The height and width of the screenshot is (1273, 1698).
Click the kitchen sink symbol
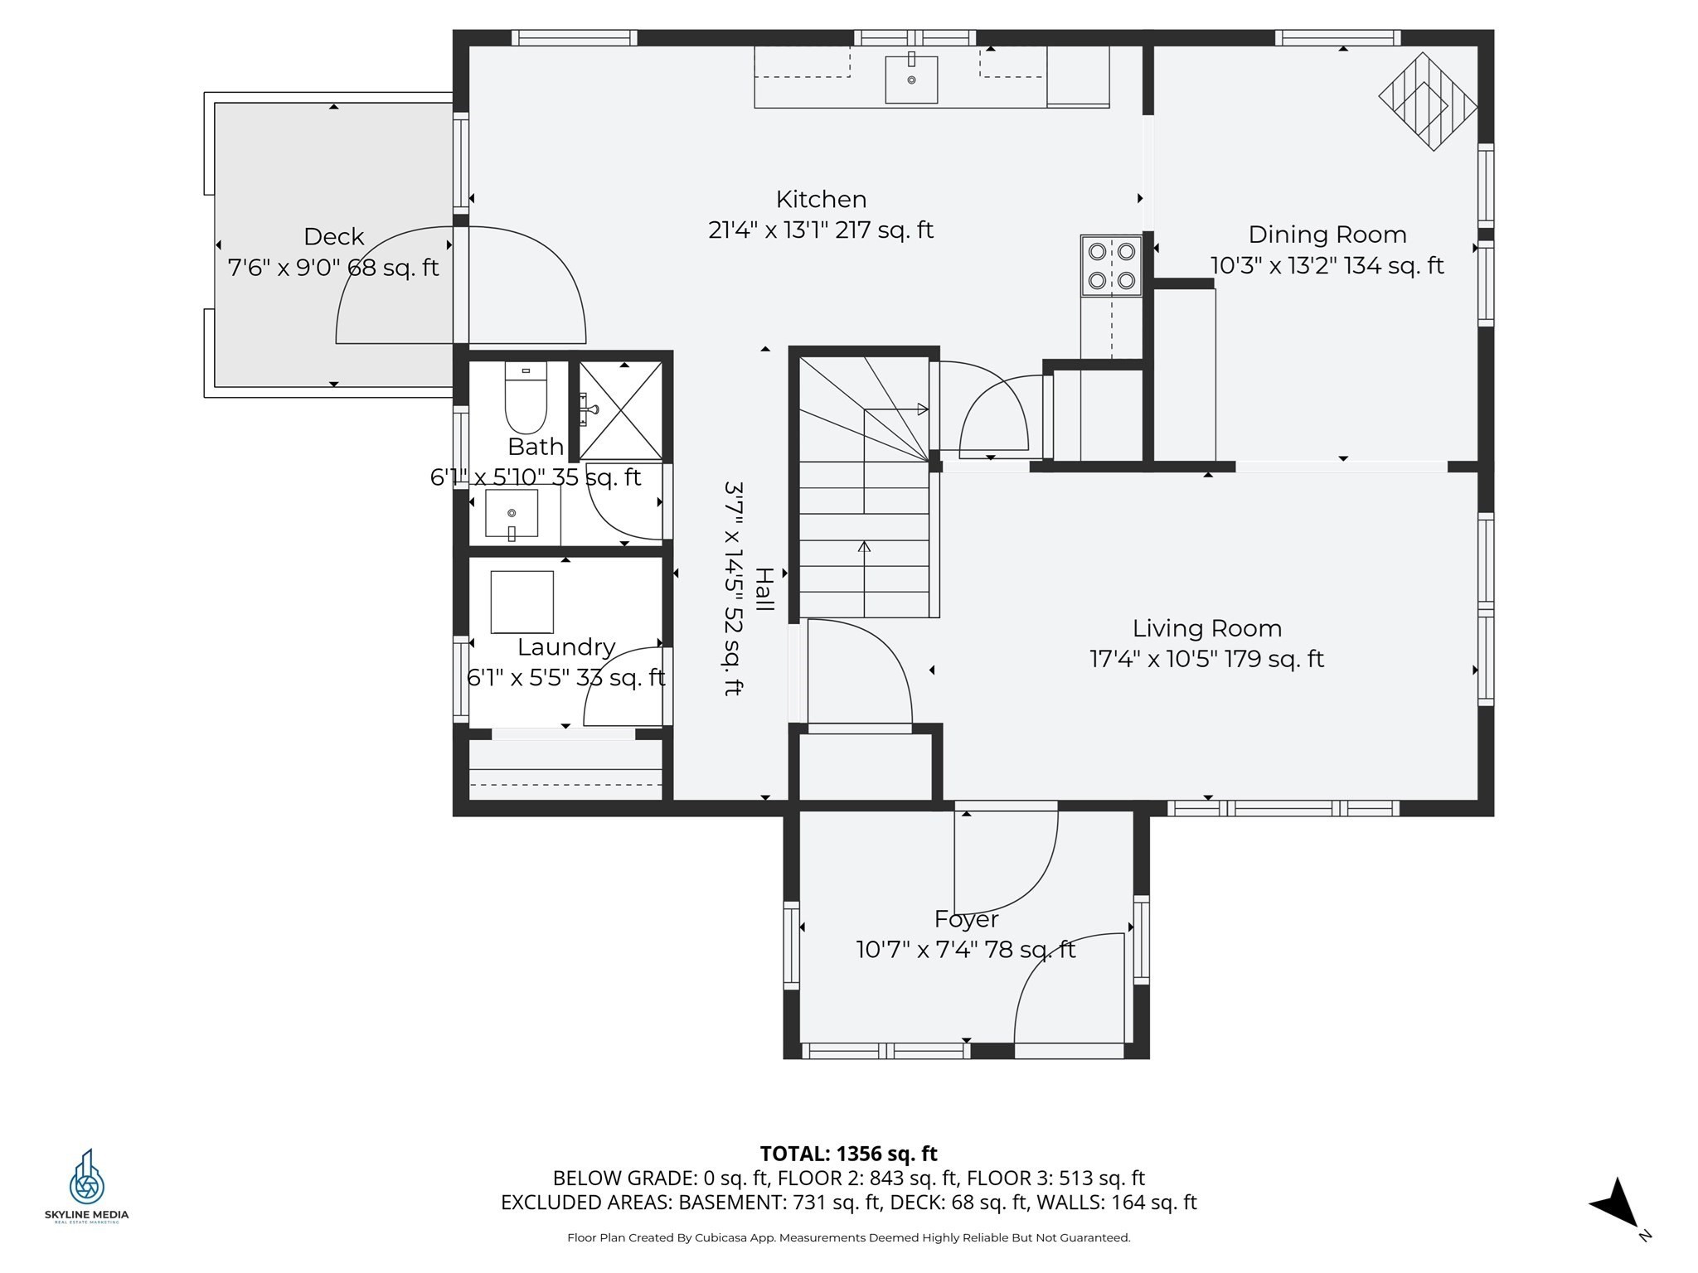[910, 80]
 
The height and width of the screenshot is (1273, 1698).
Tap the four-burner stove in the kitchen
[1111, 266]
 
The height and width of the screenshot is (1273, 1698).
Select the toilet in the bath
[526, 398]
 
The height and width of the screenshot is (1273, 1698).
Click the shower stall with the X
[620, 410]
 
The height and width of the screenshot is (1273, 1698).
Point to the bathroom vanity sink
[511, 514]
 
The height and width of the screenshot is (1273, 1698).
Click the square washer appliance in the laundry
[522, 602]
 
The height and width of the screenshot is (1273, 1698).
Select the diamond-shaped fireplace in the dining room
[1428, 102]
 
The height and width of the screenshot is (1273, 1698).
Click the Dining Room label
[1327, 235]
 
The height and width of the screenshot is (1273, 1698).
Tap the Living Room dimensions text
[1206, 659]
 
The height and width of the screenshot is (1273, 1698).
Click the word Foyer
[966, 918]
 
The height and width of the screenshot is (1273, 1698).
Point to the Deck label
[333, 236]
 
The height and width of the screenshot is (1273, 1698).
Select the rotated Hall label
[764, 589]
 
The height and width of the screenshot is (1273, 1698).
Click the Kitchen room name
[821, 199]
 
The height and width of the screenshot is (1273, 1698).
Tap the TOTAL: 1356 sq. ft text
[848, 1153]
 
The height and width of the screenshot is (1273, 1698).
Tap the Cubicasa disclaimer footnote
[848, 1237]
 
